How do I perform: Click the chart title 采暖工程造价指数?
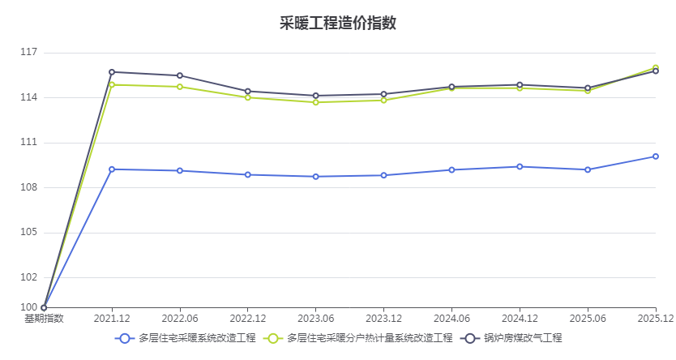pyautogui.click(x=338, y=23)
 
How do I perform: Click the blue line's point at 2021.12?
pyautogui.click(x=112, y=169)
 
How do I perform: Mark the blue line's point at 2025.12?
pyautogui.click(x=656, y=156)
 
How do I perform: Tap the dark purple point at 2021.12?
pyautogui.click(x=112, y=72)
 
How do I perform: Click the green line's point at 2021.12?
pyautogui.click(x=112, y=85)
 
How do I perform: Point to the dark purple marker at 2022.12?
pyautogui.click(x=248, y=92)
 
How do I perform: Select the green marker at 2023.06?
pyautogui.click(x=315, y=102)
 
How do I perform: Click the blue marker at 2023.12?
pyautogui.click(x=383, y=175)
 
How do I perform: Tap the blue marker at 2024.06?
pyautogui.click(x=451, y=170)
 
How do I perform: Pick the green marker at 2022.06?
pyautogui.click(x=180, y=87)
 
